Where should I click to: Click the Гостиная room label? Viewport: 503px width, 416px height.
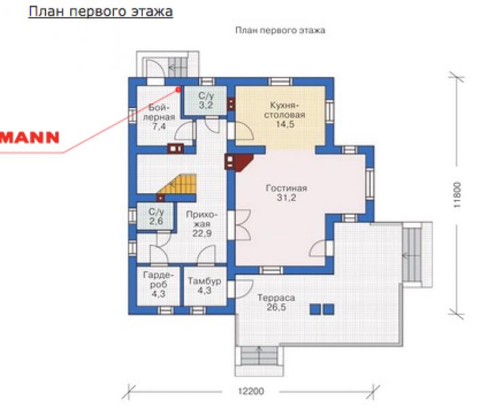pyautogui.click(x=286, y=188)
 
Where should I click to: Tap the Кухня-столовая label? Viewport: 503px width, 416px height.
pyautogui.click(x=285, y=110)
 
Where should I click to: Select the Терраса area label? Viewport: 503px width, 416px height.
pyautogui.click(x=276, y=298)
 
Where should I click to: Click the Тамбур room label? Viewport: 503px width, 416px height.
pyautogui.click(x=205, y=281)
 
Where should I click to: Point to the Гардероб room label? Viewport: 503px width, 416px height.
pyautogui.click(x=158, y=279)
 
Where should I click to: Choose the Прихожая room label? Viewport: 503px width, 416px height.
pyautogui.click(x=202, y=219)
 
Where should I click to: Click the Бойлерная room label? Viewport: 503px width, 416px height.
pyautogui.click(x=159, y=112)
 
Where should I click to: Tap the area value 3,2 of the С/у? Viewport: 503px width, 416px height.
pyautogui.click(x=206, y=105)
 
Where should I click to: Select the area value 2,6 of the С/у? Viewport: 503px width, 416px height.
pyautogui.click(x=156, y=221)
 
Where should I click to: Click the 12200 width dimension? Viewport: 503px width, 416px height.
pyautogui.click(x=252, y=392)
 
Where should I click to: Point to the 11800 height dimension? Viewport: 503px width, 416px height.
pyautogui.click(x=457, y=195)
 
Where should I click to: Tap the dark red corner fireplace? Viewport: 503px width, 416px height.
pyautogui.click(x=239, y=162)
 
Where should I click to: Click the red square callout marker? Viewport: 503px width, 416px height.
pyautogui.click(x=178, y=90)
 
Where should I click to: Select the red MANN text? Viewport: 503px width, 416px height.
pyautogui.click(x=29, y=137)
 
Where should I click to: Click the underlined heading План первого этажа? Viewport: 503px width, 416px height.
pyautogui.click(x=101, y=12)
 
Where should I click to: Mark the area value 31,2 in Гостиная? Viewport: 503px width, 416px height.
pyautogui.click(x=286, y=198)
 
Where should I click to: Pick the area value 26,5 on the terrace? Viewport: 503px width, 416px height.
pyautogui.click(x=276, y=307)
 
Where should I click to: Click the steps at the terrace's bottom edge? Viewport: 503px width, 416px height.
pyautogui.click(x=259, y=356)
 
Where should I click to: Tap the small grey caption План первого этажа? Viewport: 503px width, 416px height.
pyautogui.click(x=280, y=31)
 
